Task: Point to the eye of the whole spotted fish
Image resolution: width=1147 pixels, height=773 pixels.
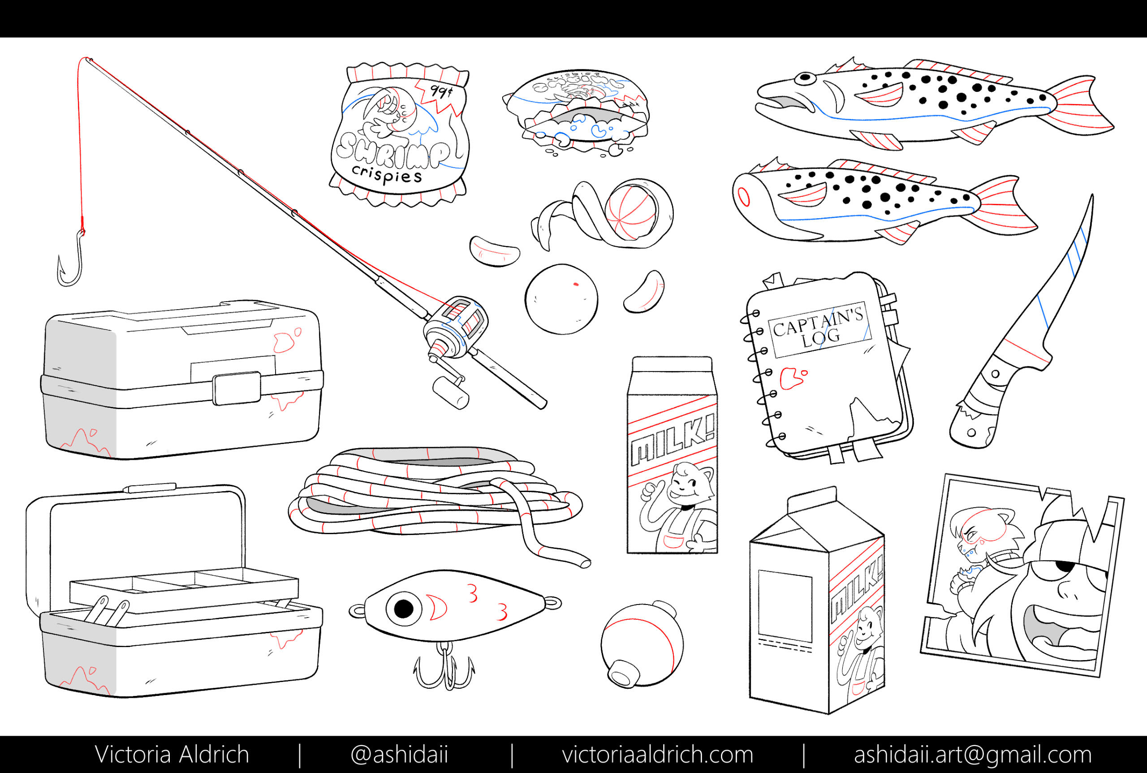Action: pyautogui.click(x=805, y=78)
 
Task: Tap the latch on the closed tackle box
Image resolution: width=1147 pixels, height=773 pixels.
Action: pyautogui.click(x=237, y=389)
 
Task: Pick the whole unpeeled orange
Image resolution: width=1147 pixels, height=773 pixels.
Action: pyautogui.click(x=561, y=299)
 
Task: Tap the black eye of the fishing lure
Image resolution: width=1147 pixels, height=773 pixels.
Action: pyautogui.click(x=403, y=609)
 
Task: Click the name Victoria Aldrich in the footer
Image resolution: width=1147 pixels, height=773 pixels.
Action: pyautogui.click(x=172, y=755)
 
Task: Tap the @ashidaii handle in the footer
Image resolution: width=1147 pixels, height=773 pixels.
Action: pyautogui.click(x=399, y=755)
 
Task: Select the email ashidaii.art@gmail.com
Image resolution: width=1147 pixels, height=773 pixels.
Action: pyautogui.click(x=973, y=755)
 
